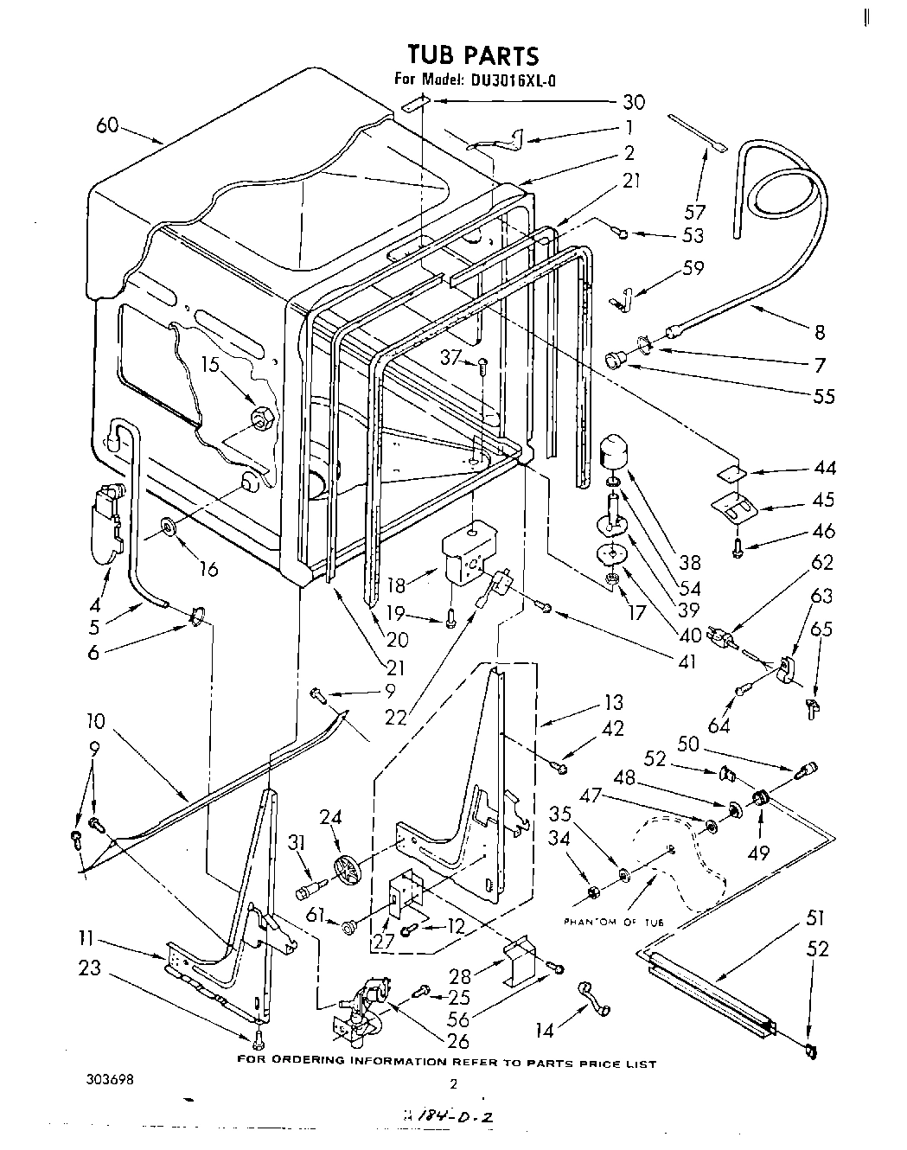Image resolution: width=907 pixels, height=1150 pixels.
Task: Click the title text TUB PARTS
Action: pos(473,55)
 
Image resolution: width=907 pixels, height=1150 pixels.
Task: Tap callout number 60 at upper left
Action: pos(107,126)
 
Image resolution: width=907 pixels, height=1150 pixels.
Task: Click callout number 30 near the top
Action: pos(634,101)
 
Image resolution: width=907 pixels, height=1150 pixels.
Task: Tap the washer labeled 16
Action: pos(166,525)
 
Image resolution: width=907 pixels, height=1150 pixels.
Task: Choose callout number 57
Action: pos(694,211)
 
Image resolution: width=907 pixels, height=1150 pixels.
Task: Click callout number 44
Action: pos(824,468)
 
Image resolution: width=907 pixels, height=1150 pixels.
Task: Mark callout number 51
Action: pos(815,917)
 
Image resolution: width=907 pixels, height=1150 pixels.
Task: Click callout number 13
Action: pos(613,703)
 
